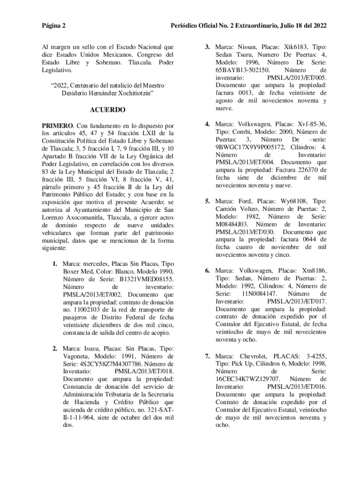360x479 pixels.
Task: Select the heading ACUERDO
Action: [x=108, y=110]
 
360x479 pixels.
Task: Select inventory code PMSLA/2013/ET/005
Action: [x=296, y=78]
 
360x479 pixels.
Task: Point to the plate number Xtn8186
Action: [x=310, y=270]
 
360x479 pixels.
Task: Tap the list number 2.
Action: [x=55, y=348]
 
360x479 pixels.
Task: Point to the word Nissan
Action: [x=248, y=47]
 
